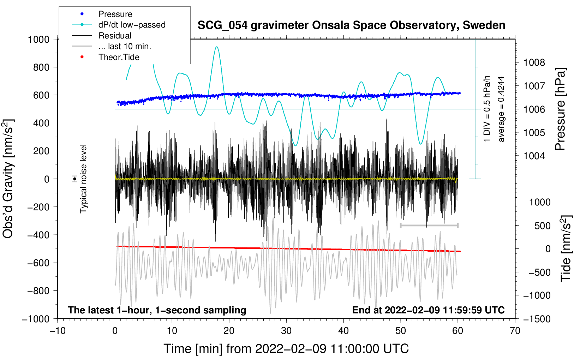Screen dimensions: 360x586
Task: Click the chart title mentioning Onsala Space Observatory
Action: [x=351, y=25]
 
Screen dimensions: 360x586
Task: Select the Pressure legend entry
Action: [x=115, y=14]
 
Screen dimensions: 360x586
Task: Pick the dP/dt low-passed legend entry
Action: [x=132, y=25]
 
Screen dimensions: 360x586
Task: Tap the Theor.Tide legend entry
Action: [x=119, y=57]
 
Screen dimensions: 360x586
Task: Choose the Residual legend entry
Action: [x=115, y=36]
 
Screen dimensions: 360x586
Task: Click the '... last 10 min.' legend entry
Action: [x=125, y=46]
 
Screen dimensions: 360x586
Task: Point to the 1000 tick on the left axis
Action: [x=38, y=39]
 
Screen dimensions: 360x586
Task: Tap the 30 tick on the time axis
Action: [x=286, y=331]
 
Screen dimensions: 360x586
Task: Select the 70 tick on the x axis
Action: [x=515, y=331]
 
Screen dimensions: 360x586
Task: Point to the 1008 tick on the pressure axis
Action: [x=534, y=63]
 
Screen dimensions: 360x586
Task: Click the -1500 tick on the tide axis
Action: [x=537, y=319]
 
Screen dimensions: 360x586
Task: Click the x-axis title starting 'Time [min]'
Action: [x=286, y=349]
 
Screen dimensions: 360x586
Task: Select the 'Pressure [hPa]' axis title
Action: [x=561, y=109]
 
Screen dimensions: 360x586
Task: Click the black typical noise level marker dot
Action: [x=75, y=179]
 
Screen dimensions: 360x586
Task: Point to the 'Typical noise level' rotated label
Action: [x=83, y=179]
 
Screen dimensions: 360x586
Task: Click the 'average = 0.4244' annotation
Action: [x=501, y=109]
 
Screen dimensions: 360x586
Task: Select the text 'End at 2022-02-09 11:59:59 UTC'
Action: [x=428, y=310]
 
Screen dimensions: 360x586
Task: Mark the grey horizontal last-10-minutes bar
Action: [x=429, y=225]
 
